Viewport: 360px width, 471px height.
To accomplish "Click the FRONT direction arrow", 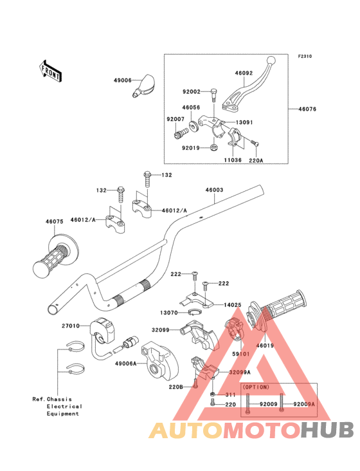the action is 50,71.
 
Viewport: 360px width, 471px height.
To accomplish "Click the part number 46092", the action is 244,73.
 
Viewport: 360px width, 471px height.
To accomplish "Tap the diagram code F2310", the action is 305,56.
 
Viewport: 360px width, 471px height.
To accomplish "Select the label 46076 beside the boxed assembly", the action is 307,109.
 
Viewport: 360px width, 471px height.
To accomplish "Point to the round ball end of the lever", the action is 271,60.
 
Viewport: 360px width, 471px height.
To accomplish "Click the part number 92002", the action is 192,91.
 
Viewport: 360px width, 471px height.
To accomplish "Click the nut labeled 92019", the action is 214,147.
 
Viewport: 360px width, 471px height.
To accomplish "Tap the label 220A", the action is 256,160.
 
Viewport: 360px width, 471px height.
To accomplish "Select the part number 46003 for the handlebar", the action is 214,190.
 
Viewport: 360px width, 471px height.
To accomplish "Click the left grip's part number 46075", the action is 54,221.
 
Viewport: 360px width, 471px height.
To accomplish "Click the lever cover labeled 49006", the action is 143,86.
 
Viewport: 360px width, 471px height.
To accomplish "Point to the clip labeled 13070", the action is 194,313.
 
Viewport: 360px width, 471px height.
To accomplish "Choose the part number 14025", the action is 233,305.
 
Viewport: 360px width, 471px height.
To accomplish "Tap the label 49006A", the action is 126,364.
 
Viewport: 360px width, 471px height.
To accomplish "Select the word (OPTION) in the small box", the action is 256,387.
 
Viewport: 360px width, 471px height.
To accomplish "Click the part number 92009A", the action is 304,404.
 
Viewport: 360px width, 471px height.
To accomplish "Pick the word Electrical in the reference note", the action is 64,407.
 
